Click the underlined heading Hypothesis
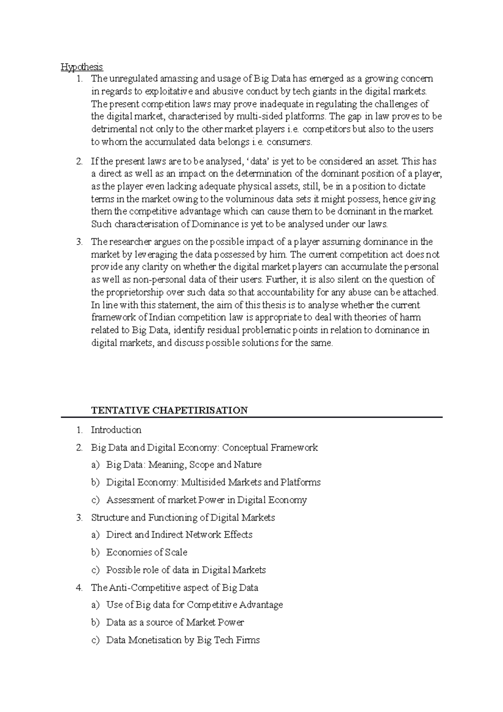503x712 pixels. [82, 67]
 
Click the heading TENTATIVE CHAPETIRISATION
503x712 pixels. [169, 410]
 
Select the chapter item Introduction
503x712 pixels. [116, 430]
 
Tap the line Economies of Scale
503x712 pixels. [147, 552]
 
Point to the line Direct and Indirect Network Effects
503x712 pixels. [179, 535]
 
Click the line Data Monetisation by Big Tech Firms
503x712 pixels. [183, 640]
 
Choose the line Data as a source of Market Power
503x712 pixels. [175, 622]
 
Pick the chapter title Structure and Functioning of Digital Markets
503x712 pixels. [183, 517]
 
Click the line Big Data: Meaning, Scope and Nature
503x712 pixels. [184, 465]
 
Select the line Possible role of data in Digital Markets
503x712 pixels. [186, 570]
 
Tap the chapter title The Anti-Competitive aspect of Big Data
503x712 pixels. [174, 587]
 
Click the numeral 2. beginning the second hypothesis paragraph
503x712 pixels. [79, 161]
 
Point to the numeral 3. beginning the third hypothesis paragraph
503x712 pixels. [79, 242]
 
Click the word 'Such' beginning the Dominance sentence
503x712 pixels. [101, 224]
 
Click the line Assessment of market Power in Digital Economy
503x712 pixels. [206, 500]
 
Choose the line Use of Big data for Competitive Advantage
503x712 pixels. [194, 605]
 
